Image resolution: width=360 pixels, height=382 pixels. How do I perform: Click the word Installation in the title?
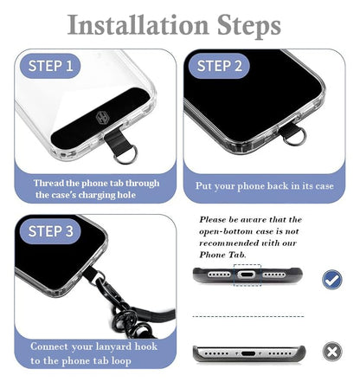coord(138,25)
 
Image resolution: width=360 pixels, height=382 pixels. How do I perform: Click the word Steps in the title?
coord(248,27)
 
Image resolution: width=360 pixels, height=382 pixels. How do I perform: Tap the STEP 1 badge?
coord(50,66)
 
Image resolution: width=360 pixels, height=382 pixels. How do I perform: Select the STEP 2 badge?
coord(219,66)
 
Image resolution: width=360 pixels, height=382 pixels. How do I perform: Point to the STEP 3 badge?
coord(50,231)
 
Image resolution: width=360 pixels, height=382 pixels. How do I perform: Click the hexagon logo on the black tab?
coord(101,118)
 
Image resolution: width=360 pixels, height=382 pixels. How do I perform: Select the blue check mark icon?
coord(332,279)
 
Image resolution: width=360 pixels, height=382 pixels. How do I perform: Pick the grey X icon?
coord(332,352)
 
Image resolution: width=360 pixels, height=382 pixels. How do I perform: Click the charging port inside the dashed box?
coord(247,275)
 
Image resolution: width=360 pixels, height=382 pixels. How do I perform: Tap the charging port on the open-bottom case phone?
coord(248,353)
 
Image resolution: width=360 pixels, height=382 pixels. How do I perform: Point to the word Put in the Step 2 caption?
coord(203,185)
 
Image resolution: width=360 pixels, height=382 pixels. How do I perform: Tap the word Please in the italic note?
coord(213,219)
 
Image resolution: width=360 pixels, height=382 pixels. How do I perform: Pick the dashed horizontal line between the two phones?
coord(248,316)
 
